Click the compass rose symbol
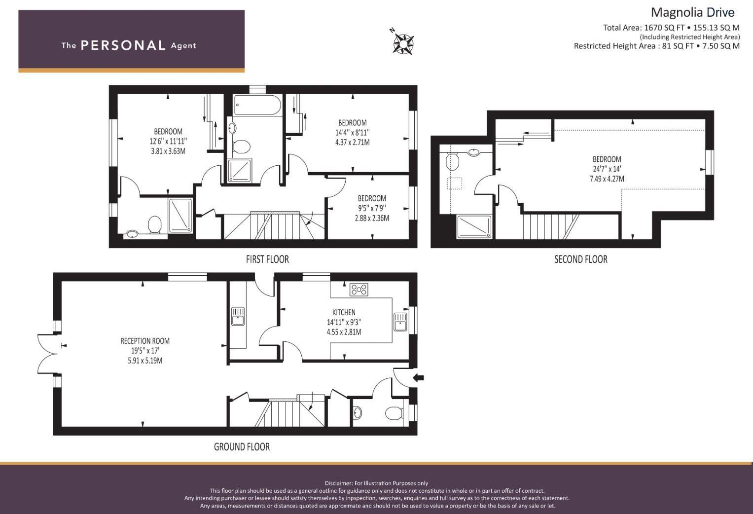coord(403,43)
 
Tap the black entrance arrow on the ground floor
coord(418,378)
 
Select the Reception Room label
coord(145,341)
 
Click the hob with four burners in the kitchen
coord(359,290)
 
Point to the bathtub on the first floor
coord(257,105)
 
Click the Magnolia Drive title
coord(692,12)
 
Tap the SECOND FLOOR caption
coord(580,259)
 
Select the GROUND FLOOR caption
coord(242,447)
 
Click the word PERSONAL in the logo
coord(123,45)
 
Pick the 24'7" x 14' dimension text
coord(607,169)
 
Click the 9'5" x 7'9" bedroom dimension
coord(372,208)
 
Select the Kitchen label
coord(344,312)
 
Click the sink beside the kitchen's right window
coord(400,322)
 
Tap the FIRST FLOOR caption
coord(267,259)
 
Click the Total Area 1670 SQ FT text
coord(644,28)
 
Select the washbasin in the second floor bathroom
coord(474,152)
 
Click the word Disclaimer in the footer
coord(338,483)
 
